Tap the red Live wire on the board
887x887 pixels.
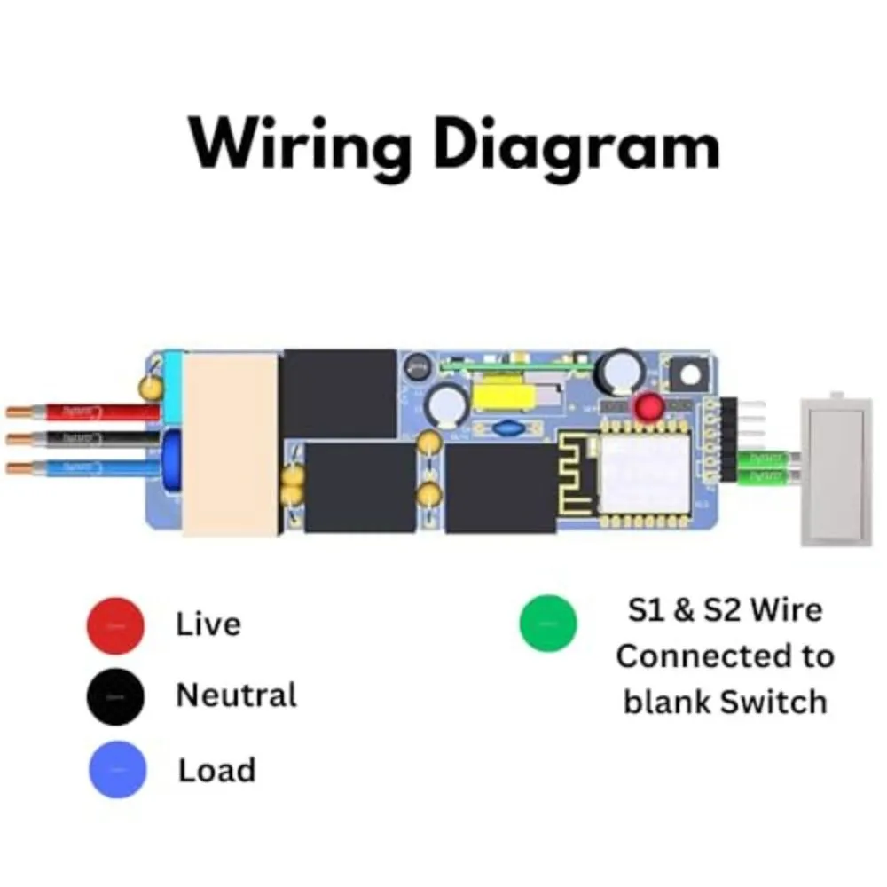click(89, 412)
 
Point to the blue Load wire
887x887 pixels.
click(89, 467)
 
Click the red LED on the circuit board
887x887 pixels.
click(648, 407)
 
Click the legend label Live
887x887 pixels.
click(208, 624)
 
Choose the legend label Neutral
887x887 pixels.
click(236, 695)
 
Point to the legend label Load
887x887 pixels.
click(216, 770)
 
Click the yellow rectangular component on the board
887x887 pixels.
click(506, 390)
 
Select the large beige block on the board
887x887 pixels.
click(232, 443)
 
